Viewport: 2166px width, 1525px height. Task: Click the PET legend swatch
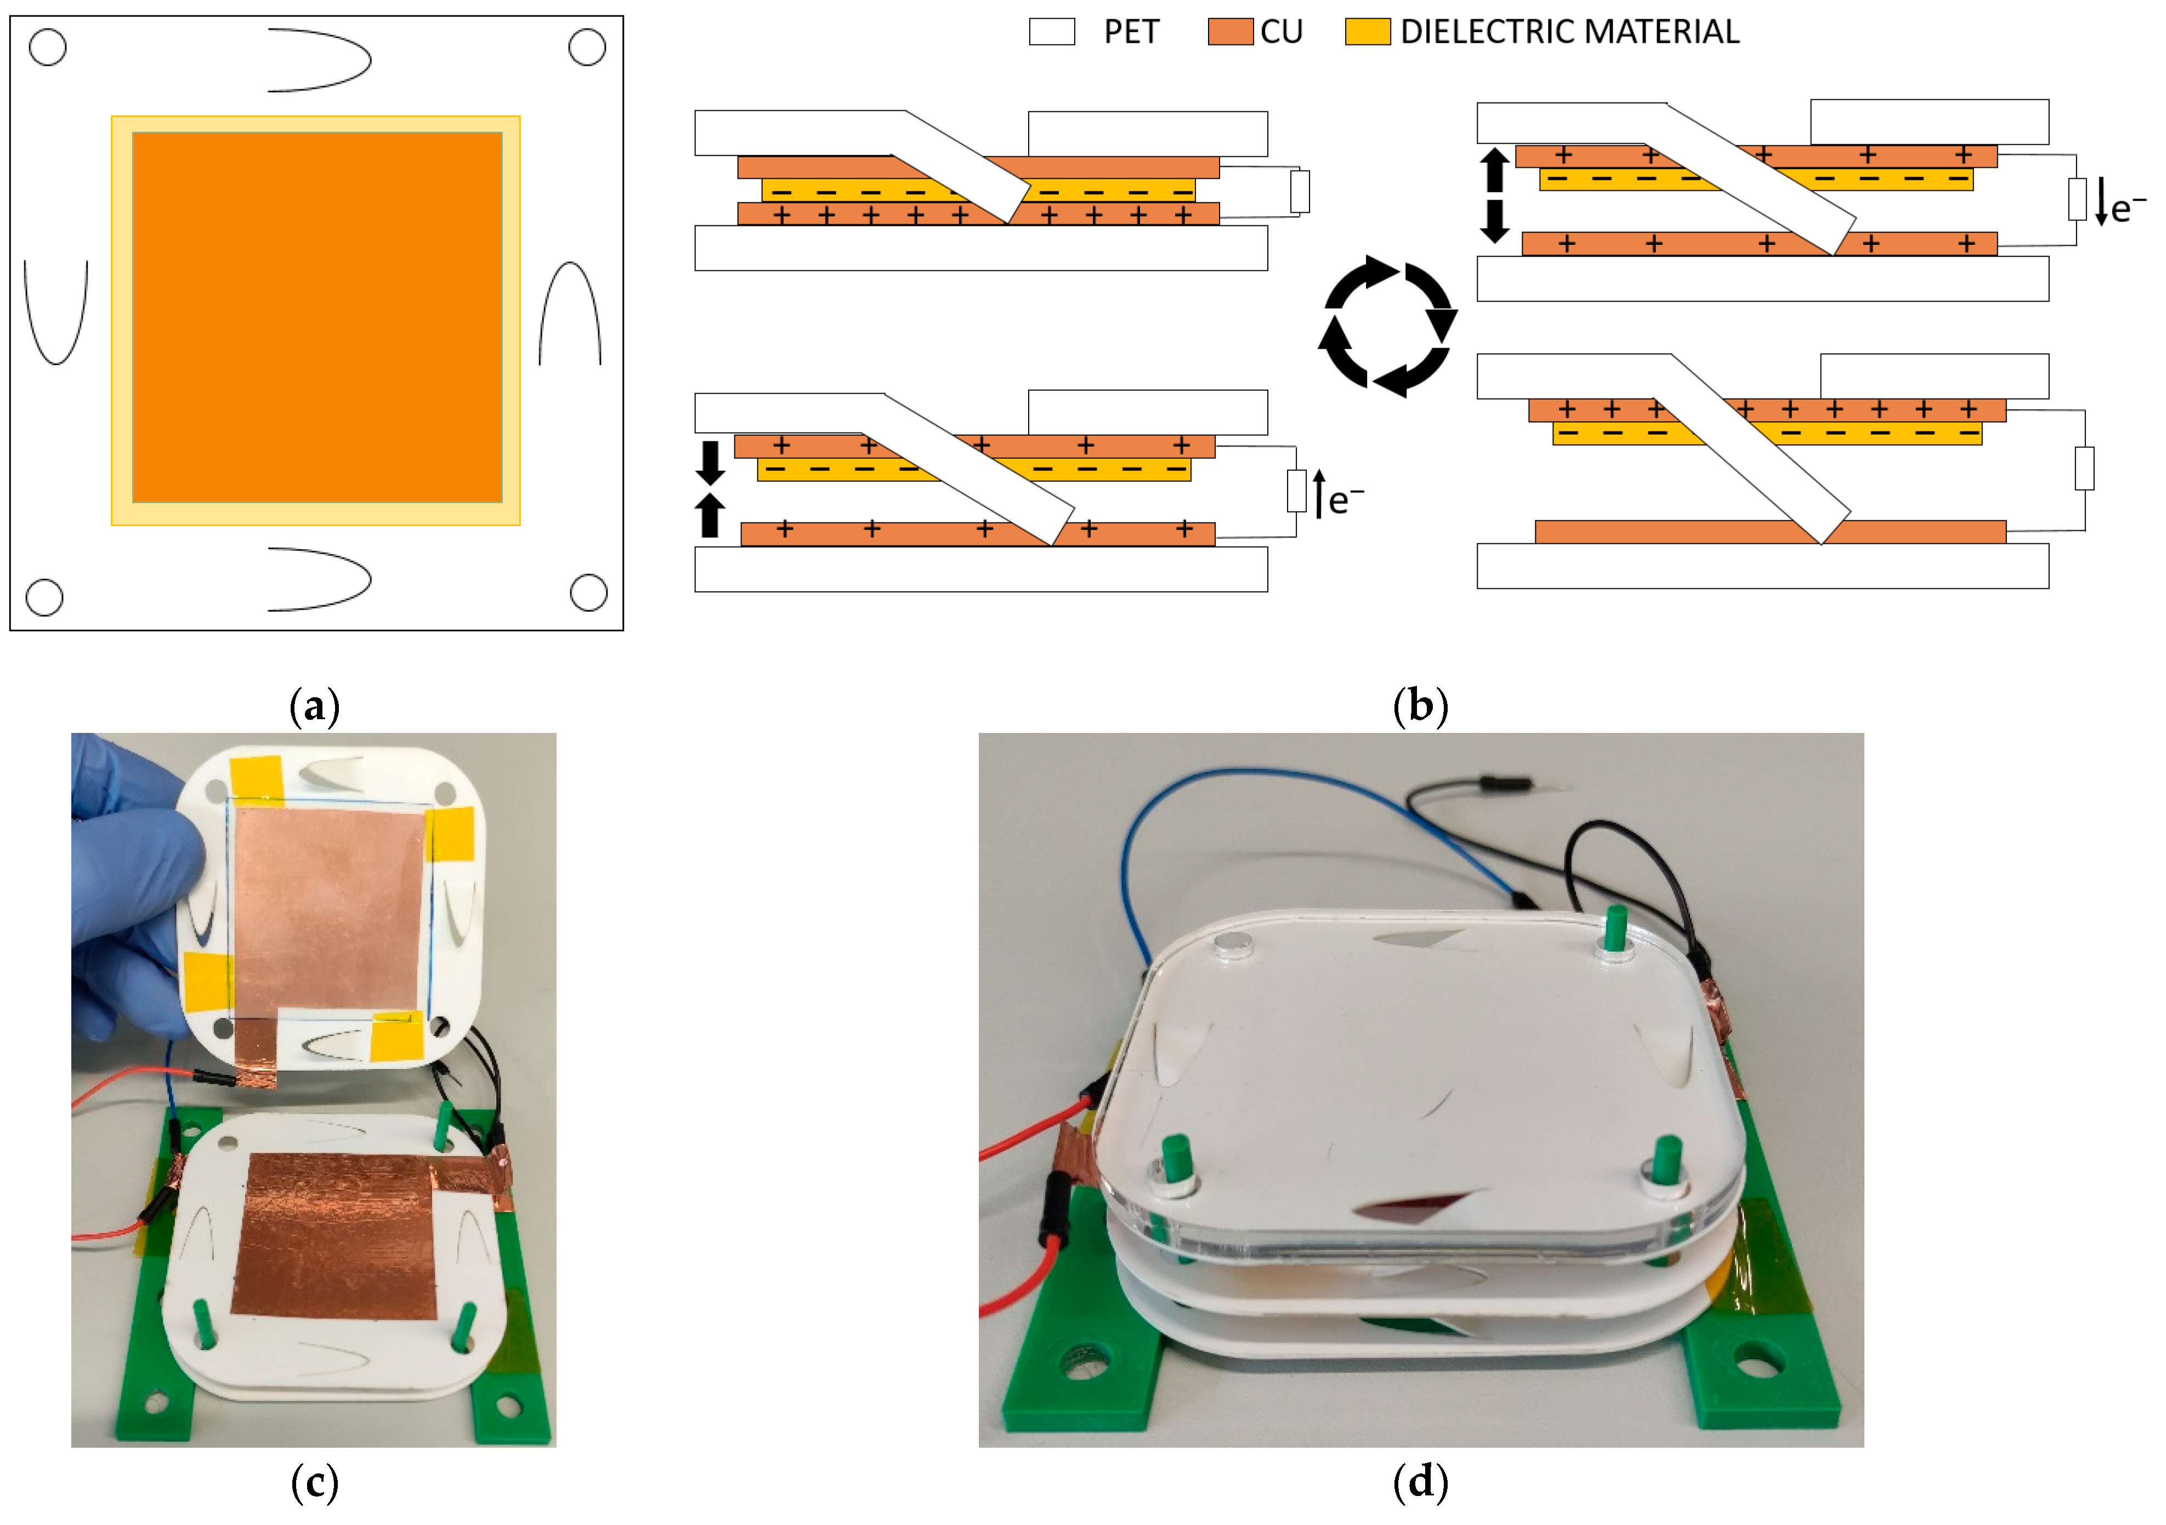pos(1052,32)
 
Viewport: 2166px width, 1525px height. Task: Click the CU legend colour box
pos(1230,32)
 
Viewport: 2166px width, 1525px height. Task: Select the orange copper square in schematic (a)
pos(317,318)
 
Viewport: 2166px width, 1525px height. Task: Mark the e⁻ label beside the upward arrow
pos(1345,499)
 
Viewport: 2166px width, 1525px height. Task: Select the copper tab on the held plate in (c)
pos(255,1051)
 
